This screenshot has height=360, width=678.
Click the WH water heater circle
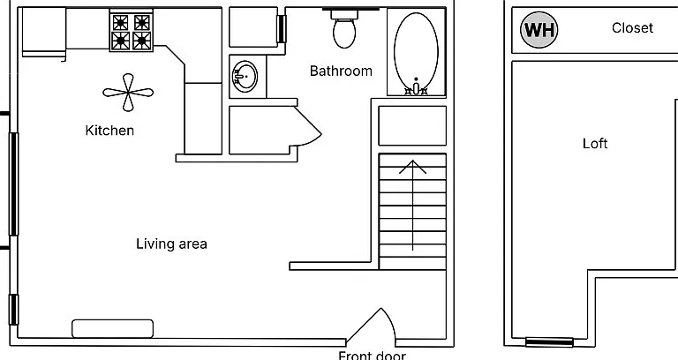click(x=539, y=30)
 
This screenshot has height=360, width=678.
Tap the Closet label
click(x=632, y=28)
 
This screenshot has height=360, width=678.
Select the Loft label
click(x=595, y=144)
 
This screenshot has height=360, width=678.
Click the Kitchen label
click(x=109, y=131)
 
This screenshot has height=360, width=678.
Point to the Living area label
click(x=171, y=244)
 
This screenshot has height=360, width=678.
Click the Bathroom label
click(x=341, y=71)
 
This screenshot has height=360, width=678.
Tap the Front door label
click(x=372, y=356)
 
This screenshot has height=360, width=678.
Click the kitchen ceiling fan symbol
click(x=128, y=92)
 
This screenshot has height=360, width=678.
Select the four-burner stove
click(x=131, y=31)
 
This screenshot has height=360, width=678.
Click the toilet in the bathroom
click(x=344, y=29)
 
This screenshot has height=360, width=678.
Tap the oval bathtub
click(x=416, y=52)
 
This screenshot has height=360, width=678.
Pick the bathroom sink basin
click(x=245, y=77)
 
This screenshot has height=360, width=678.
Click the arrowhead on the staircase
click(x=413, y=167)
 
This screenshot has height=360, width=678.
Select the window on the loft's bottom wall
click(x=549, y=342)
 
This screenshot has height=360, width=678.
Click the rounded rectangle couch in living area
click(x=112, y=328)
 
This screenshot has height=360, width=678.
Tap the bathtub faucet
click(x=416, y=87)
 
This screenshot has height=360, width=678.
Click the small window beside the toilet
click(x=281, y=29)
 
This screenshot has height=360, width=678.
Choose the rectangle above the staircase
click(x=412, y=126)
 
